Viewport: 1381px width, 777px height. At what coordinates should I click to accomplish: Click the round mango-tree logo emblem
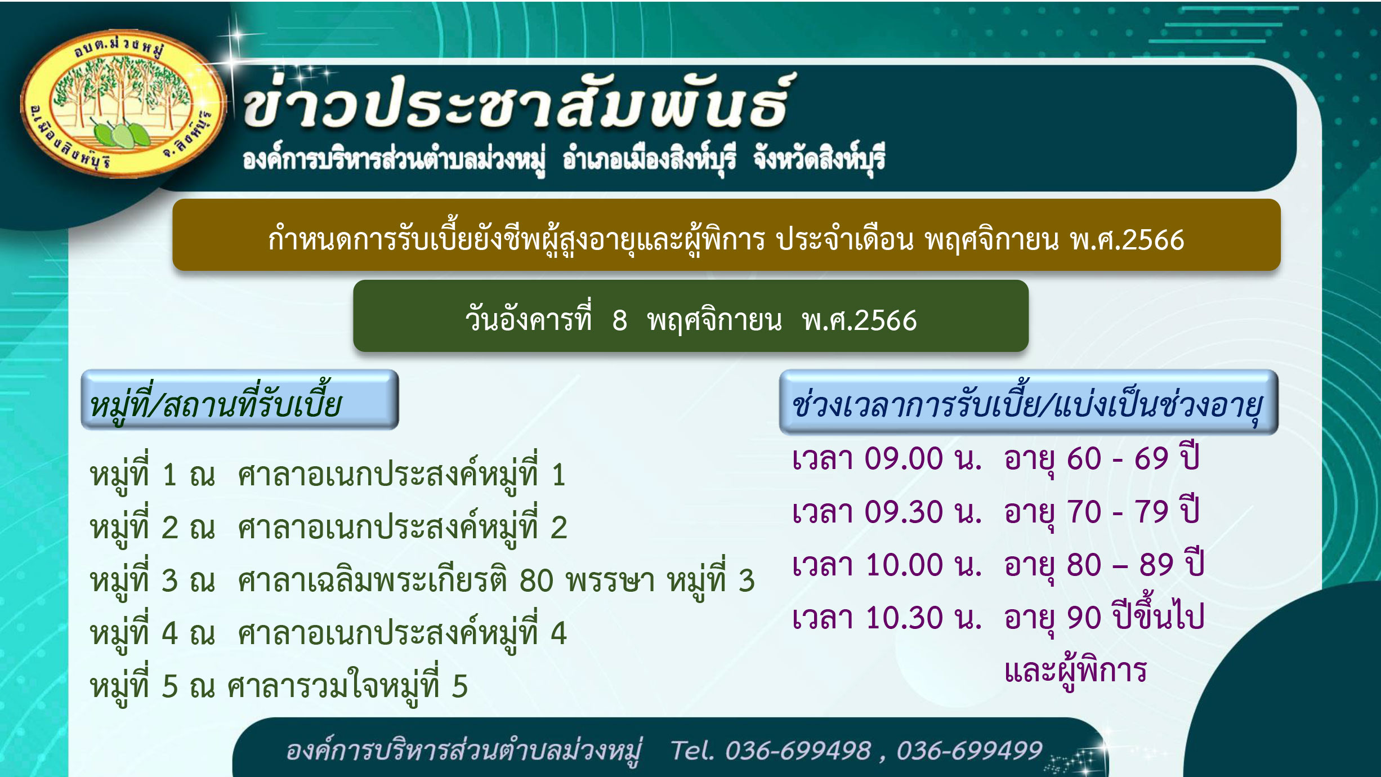click(x=123, y=104)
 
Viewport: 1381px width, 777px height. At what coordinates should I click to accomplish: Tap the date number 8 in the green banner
click(x=619, y=321)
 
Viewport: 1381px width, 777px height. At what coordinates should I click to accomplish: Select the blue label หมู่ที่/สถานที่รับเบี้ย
click(x=240, y=400)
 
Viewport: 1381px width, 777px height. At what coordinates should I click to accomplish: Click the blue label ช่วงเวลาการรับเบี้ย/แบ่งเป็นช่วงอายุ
click(x=1029, y=402)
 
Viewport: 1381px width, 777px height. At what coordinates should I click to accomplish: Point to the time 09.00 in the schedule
click(x=904, y=458)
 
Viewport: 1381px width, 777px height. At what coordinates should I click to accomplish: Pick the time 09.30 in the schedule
click(x=904, y=512)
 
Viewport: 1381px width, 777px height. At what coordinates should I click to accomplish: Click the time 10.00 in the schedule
click(x=904, y=565)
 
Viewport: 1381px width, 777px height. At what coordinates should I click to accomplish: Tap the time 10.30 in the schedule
click(x=904, y=618)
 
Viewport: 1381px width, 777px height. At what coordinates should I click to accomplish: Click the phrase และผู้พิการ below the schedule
click(x=1075, y=670)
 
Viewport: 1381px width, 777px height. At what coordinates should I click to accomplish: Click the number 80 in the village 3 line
click(x=536, y=580)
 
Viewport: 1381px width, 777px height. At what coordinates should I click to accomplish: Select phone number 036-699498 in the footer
click(x=798, y=751)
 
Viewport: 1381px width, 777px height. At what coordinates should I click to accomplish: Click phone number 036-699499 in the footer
click(x=969, y=751)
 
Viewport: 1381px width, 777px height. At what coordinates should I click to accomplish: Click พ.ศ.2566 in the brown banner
click(x=1127, y=240)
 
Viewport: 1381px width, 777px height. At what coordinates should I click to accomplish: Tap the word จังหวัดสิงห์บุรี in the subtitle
click(x=819, y=158)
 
